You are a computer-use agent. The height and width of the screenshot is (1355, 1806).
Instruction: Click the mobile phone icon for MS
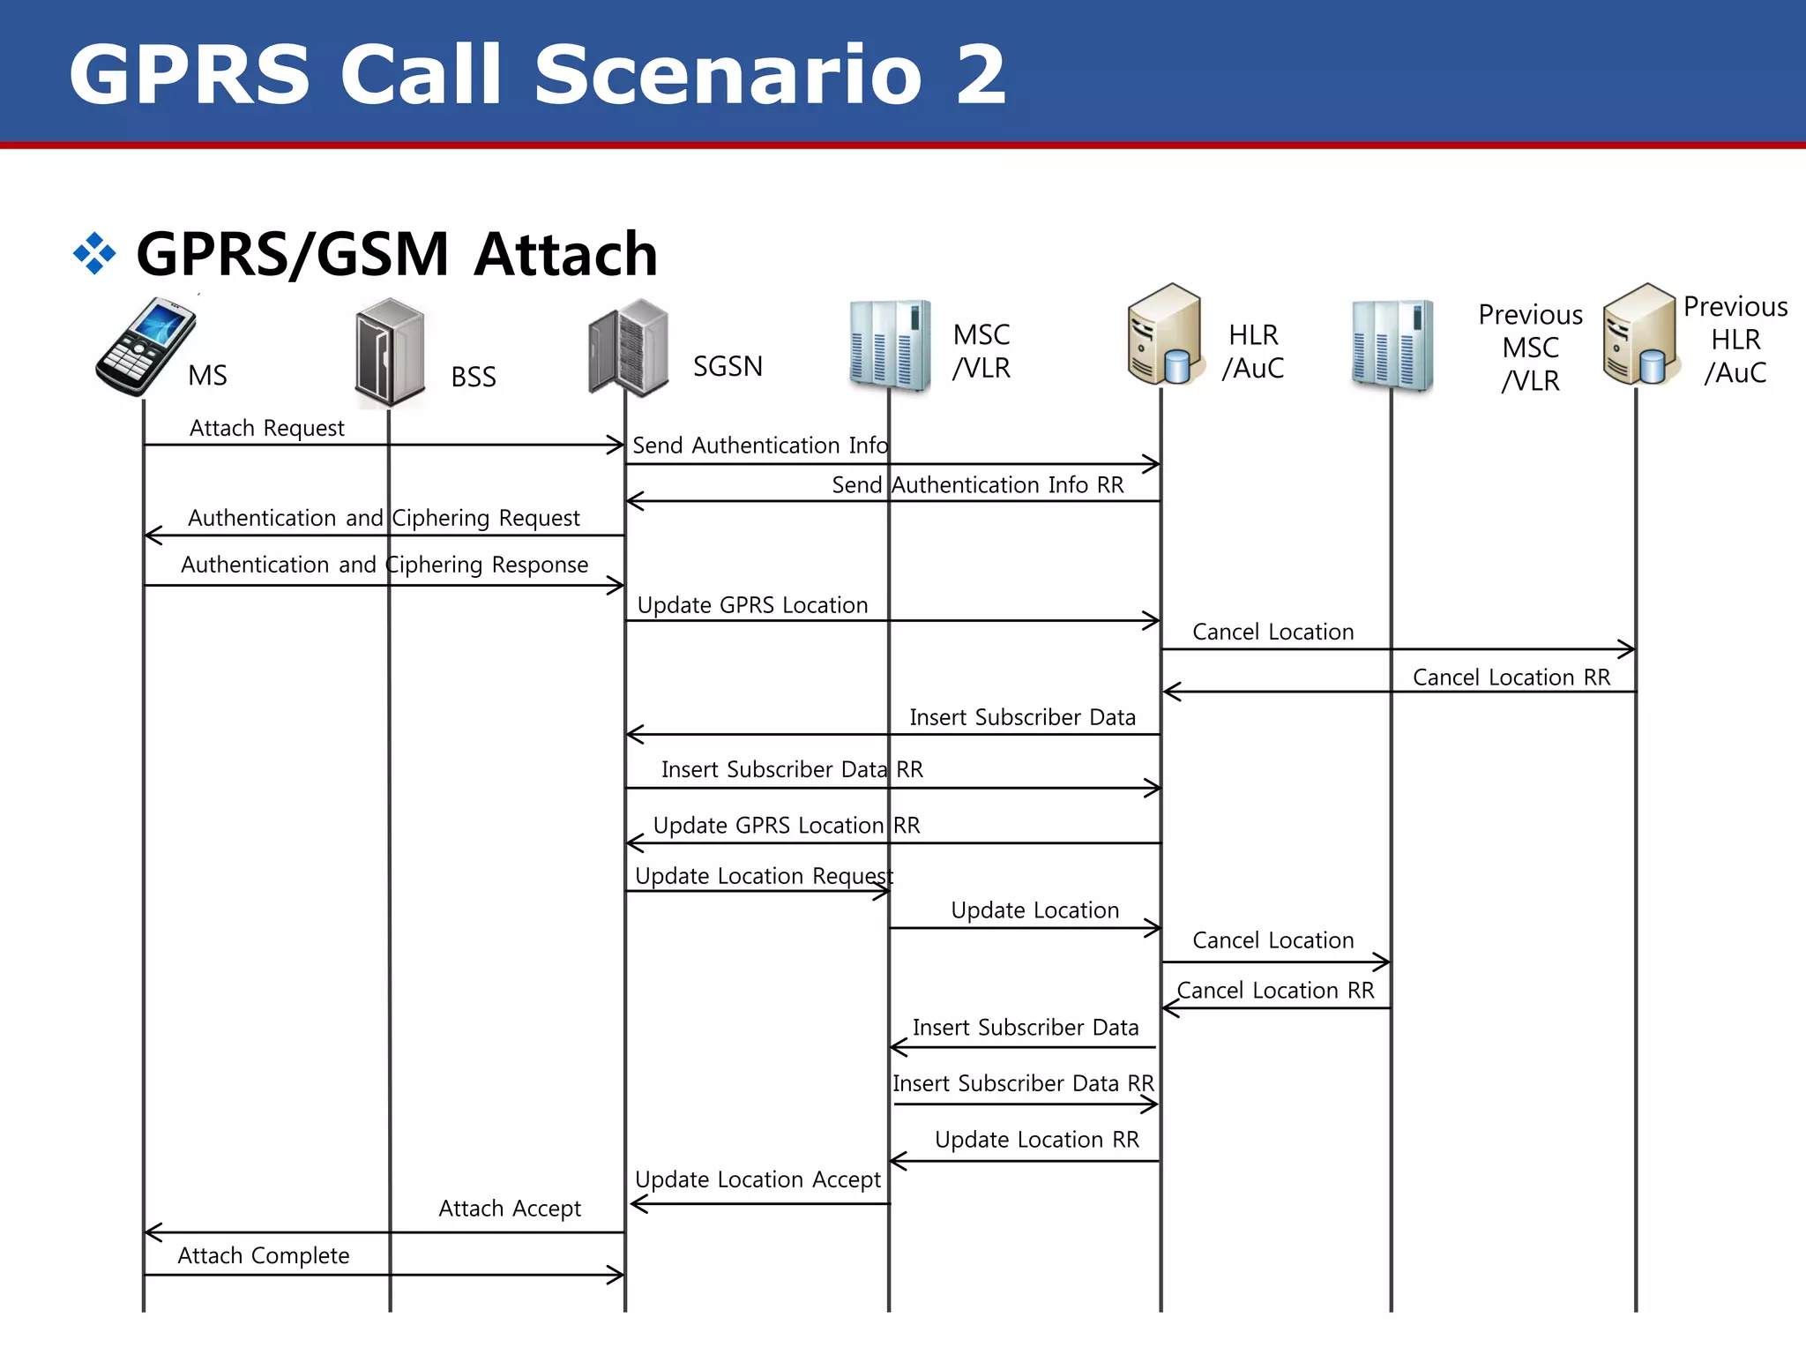[146, 346]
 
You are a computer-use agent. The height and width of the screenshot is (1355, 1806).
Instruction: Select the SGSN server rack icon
[629, 348]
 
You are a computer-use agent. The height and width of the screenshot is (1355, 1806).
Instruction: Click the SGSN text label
[728, 366]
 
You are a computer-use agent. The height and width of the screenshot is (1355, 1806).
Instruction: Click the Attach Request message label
[266, 428]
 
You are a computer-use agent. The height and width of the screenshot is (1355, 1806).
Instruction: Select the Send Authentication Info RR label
[977, 485]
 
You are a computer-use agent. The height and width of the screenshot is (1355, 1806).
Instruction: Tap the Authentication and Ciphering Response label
[384, 565]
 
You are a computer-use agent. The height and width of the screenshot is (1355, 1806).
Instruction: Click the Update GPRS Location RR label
[786, 826]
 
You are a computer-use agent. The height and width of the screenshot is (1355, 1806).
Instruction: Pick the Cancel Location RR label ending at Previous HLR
[1511, 677]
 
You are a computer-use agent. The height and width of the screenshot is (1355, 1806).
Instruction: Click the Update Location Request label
[764, 876]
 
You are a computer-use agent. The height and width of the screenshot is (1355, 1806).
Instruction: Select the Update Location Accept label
[757, 1179]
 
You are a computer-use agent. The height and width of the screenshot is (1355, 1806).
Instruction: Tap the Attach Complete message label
[263, 1255]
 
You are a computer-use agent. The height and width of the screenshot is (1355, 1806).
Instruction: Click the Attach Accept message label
[510, 1209]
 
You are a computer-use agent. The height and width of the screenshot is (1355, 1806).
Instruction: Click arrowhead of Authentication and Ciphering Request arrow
[150, 535]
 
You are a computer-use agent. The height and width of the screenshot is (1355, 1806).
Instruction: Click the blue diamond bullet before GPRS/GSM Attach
[94, 254]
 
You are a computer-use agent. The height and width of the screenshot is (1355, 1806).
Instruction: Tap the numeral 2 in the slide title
[980, 74]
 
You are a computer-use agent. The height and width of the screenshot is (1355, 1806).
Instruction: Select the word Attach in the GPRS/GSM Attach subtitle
[565, 254]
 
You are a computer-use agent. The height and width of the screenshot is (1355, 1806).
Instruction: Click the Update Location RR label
[1036, 1140]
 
